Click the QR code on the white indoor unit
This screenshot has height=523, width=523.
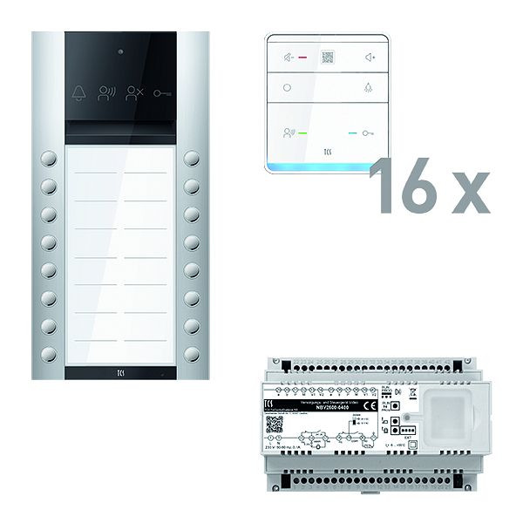tap(328, 58)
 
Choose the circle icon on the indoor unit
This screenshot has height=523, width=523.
tap(288, 88)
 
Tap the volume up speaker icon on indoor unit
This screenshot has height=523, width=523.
tap(369, 58)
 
